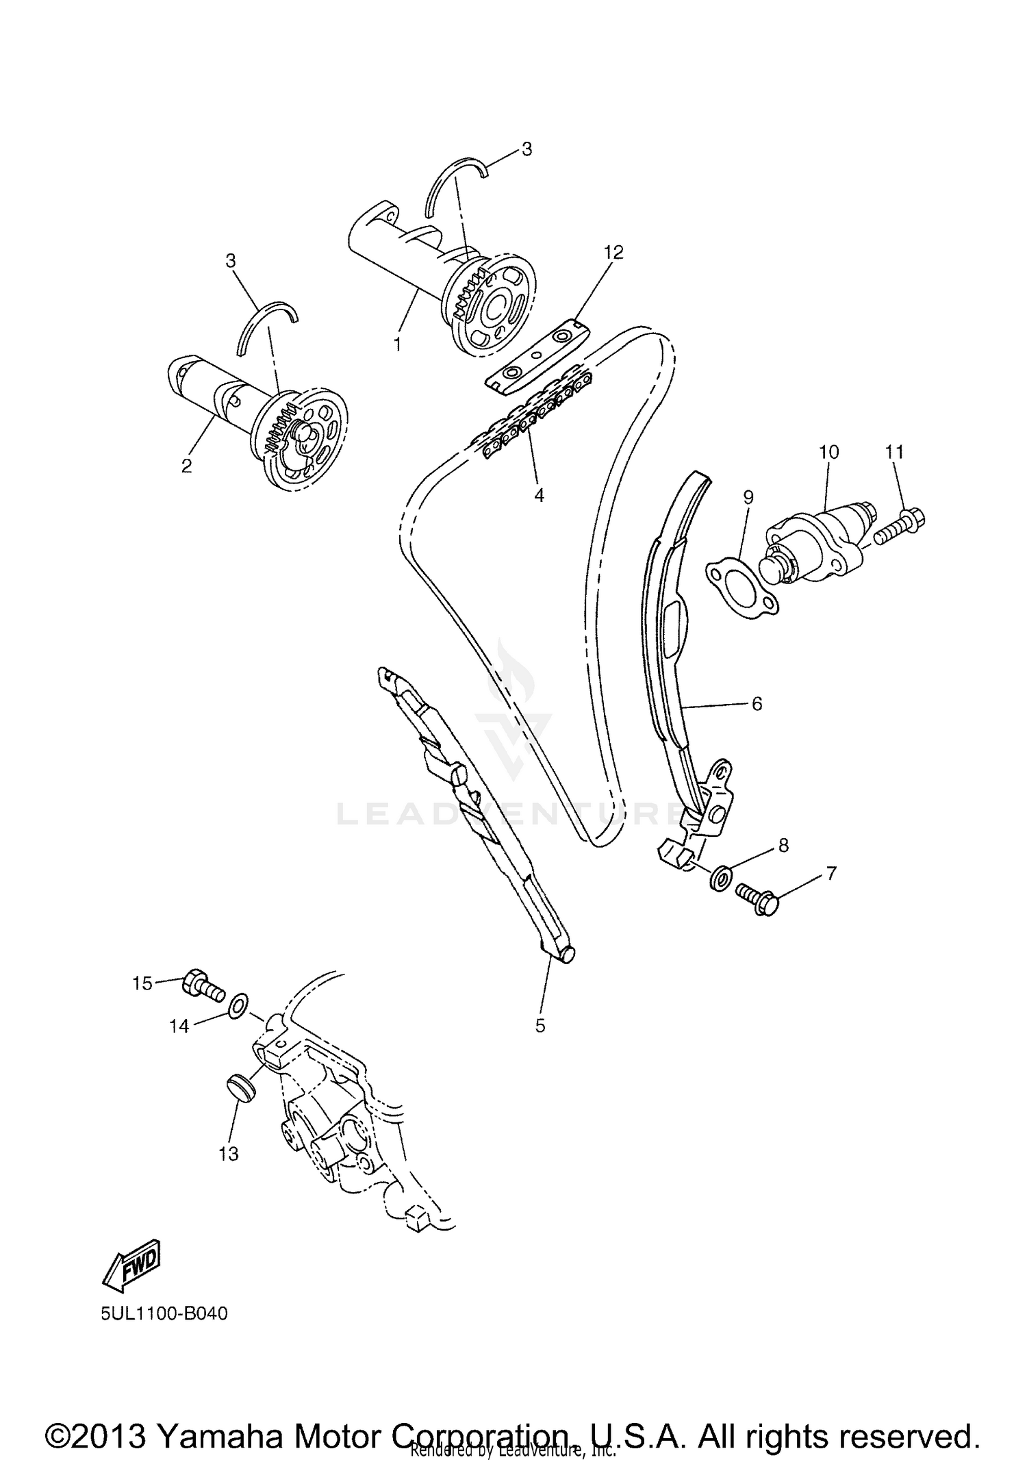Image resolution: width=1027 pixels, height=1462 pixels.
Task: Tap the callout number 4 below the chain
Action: tap(539, 495)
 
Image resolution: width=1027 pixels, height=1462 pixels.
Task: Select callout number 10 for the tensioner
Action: tap(828, 452)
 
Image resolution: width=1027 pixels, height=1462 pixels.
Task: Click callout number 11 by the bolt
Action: tap(894, 452)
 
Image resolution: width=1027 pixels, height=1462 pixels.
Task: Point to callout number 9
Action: tap(748, 498)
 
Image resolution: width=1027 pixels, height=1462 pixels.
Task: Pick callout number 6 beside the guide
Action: tap(757, 703)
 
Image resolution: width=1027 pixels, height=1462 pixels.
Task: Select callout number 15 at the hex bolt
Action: tap(142, 983)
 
